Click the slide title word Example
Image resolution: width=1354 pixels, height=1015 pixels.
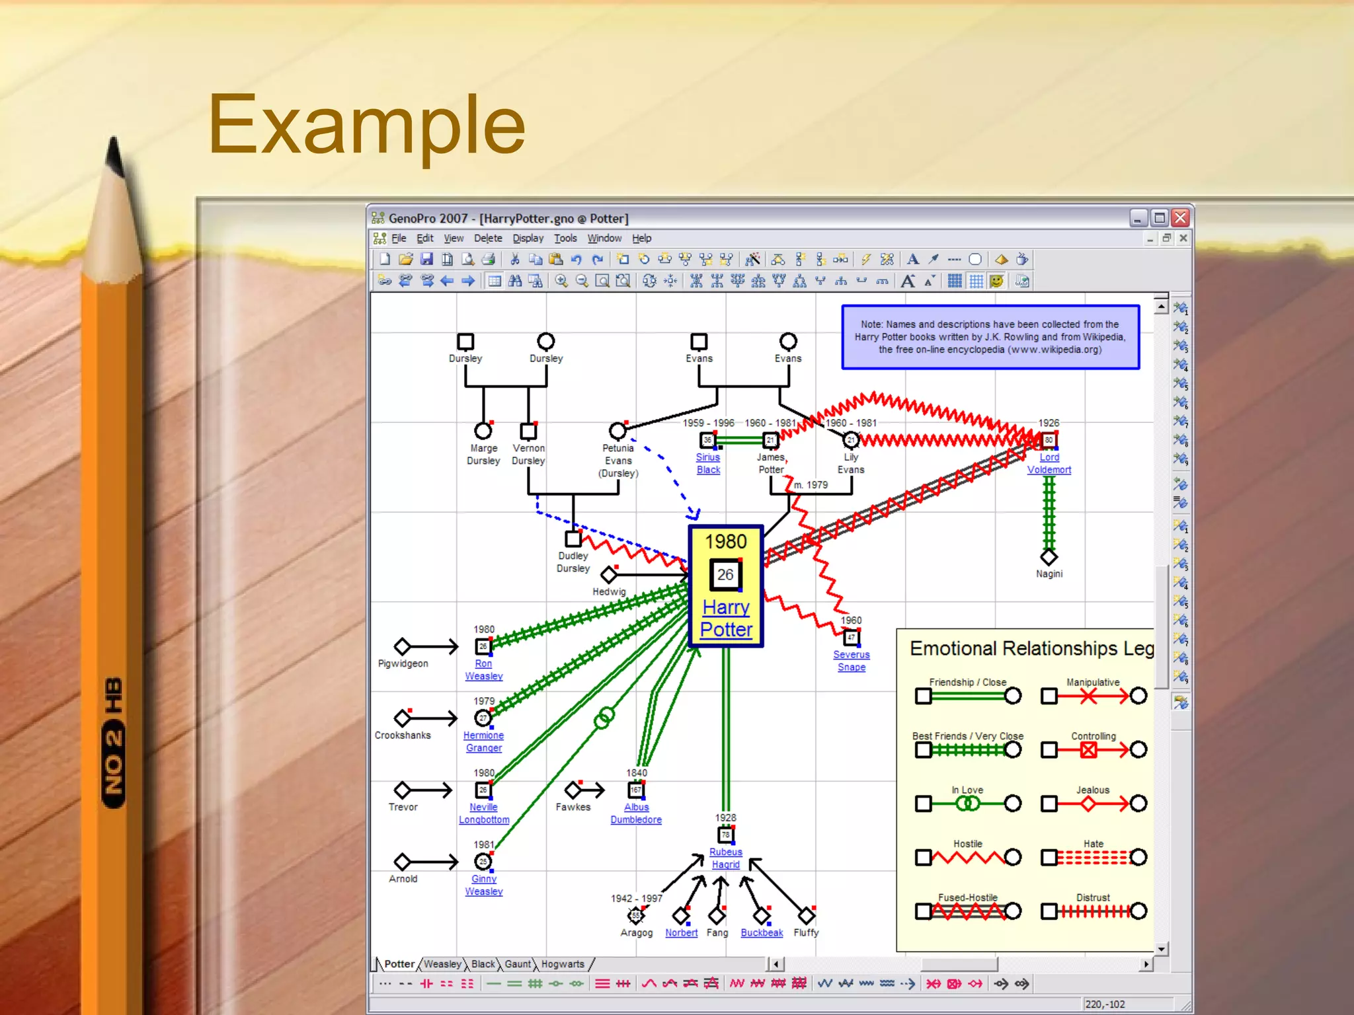(367, 126)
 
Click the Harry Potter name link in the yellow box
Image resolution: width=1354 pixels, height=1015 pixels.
(726, 618)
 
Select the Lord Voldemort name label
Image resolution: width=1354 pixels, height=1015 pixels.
(1049, 463)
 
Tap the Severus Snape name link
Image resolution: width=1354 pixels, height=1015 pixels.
(851, 661)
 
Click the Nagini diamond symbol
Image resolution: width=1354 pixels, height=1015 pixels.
(1049, 557)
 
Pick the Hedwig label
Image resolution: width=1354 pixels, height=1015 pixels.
(608, 591)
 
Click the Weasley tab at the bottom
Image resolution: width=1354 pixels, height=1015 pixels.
(442, 964)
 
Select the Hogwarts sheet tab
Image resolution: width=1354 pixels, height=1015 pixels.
(563, 964)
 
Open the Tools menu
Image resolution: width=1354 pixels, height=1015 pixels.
(565, 239)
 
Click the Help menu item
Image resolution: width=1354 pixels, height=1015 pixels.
(641, 239)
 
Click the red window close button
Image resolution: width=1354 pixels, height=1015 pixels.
(1180, 217)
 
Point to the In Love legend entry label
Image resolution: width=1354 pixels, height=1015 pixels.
(967, 790)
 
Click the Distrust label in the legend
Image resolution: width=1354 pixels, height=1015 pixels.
(1093, 897)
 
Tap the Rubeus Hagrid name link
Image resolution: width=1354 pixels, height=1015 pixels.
(725, 858)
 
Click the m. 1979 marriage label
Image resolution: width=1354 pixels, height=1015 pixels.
(811, 485)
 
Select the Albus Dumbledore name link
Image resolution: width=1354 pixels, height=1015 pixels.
(636, 813)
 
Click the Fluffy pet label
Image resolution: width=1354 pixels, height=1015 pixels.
(806, 932)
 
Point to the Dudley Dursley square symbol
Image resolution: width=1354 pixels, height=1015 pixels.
(573, 539)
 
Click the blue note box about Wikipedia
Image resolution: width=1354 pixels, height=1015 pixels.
(990, 337)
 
